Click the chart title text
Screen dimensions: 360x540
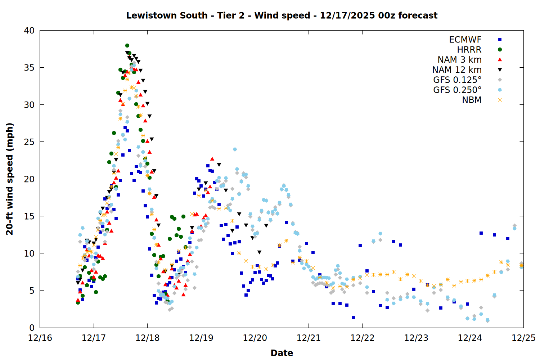[x=282, y=15]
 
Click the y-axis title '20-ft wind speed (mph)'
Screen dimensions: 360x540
[x=10, y=179]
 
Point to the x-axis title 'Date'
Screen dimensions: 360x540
[x=282, y=353]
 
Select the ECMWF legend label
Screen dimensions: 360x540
[x=465, y=40]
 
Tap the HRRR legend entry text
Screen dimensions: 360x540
[x=469, y=50]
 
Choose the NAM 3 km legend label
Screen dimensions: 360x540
[x=459, y=60]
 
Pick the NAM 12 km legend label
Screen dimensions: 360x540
[x=457, y=70]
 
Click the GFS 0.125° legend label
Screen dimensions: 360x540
[x=457, y=80]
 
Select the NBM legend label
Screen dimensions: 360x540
[x=472, y=100]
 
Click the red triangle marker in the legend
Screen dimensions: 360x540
[x=500, y=60]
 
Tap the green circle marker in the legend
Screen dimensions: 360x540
[x=500, y=50]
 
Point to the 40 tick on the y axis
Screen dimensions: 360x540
[x=30, y=31]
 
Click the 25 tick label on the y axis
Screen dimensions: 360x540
[x=30, y=142]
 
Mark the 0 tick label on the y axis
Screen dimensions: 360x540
[x=32, y=328]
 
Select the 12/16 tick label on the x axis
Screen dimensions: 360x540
[x=40, y=338]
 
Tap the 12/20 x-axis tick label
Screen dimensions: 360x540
[x=255, y=338]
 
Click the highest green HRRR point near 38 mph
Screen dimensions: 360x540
[x=127, y=45]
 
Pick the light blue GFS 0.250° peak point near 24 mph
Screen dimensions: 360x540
[x=235, y=149]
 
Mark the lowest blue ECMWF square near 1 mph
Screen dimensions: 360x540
[x=353, y=318]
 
